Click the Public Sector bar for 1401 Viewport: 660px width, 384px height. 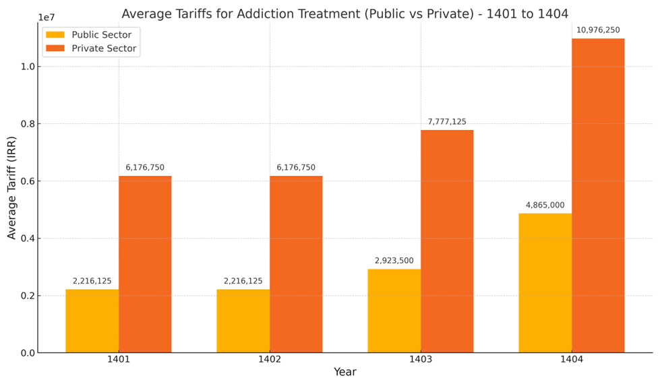(92, 321)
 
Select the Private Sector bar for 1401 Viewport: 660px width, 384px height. (145, 264)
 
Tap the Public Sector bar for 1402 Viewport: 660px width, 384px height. (243, 321)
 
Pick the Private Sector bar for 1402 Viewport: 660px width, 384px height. (296, 264)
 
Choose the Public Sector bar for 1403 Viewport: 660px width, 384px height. (394, 311)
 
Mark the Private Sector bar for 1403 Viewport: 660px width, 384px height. (447, 241)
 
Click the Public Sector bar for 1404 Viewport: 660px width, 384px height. (545, 283)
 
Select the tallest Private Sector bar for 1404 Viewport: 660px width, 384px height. (598, 195)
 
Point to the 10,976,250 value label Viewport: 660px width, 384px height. (598, 30)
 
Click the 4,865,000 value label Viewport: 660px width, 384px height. (545, 205)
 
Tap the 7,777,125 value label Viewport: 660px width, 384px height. (447, 121)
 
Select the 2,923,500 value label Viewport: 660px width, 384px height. (394, 260)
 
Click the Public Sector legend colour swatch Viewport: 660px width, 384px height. (55, 35)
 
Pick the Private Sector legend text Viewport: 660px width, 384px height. (104, 49)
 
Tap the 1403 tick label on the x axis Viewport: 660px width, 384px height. (421, 360)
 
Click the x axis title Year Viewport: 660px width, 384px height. (344, 372)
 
